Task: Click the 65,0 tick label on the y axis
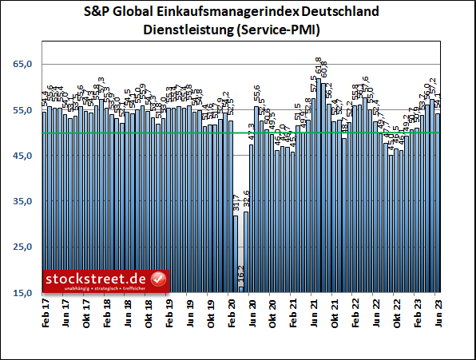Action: click(x=22, y=64)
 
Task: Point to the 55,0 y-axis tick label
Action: click(x=22, y=110)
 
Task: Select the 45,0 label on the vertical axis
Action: click(x=22, y=156)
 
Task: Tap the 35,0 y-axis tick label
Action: click(x=22, y=202)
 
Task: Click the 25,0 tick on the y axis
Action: click(x=22, y=247)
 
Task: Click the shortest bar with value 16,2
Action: click(x=240, y=290)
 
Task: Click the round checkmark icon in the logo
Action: click(x=158, y=279)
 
